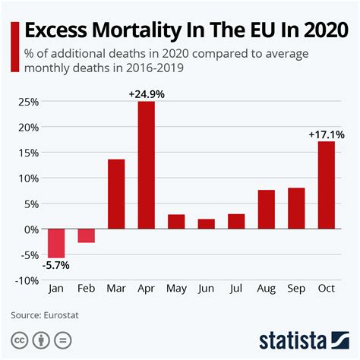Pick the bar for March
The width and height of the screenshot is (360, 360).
tap(116, 194)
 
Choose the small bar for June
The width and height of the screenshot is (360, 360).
tap(205, 224)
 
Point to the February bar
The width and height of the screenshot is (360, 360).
tap(87, 235)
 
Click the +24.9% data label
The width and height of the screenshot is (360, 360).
tap(146, 93)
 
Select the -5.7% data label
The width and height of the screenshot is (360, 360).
tap(55, 265)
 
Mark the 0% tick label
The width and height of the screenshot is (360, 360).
tap(30, 229)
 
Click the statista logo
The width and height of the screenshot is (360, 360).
tap(303, 338)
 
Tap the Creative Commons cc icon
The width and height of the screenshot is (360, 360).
tap(18, 339)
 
